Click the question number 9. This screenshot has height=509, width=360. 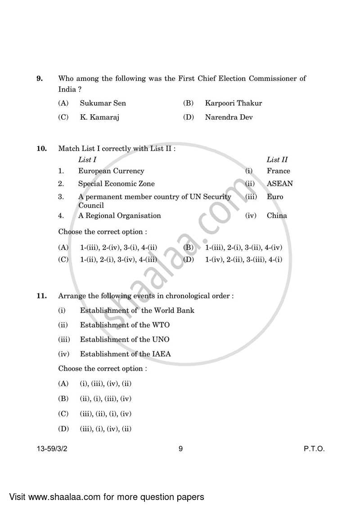(x=40, y=79)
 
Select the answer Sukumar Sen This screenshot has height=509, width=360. (x=103, y=103)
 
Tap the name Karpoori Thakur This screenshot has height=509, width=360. (x=233, y=103)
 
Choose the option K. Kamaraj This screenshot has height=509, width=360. (x=100, y=117)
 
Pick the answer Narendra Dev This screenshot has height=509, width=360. (x=229, y=117)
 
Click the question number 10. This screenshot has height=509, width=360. (x=41, y=149)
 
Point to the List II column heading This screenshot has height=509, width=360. (x=277, y=159)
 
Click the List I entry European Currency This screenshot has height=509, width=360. (x=111, y=171)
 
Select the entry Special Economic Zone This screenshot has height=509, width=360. (x=116, y=184)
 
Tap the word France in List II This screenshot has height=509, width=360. (x=278, y=171)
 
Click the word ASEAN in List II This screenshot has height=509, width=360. (x=279, y=184)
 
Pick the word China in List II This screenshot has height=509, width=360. (x=277, y=216)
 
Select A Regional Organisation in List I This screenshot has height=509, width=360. (x=119, y=216)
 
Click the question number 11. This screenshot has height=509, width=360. (x=41, y=296)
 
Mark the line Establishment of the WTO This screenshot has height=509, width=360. (x=125, y=325)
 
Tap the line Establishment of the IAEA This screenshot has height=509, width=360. (x=125, y=354)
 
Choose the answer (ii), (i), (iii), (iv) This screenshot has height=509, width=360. (x=106, y=399)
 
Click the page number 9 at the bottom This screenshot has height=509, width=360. (x=180, y=449)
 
